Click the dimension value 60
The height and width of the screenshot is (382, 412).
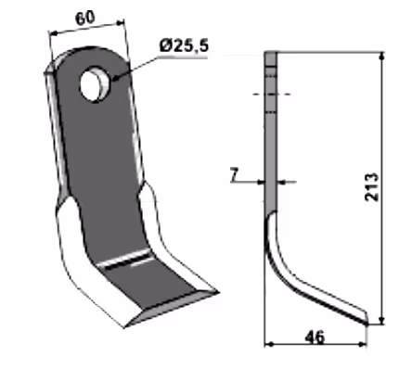tap(84, 19)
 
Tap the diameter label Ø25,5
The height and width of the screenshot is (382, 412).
tap(185, 45)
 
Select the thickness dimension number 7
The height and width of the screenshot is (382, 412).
tap(235, 175)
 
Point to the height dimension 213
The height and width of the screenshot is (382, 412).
tap(371, 187)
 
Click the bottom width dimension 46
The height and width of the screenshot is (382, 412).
tap(315, 337)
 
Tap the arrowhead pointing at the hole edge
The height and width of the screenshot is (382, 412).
tap(114, 78)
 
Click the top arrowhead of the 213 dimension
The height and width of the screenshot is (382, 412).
tap(382, 56)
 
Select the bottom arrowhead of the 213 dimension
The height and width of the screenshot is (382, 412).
tap(382, 321)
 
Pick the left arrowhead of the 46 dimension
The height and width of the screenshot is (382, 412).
tap(269, 344)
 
